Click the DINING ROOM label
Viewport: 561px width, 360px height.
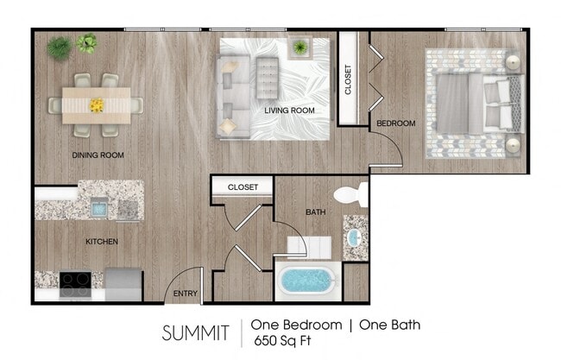(x=98, y=155)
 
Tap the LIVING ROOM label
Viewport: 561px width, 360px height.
(x=289, y=111)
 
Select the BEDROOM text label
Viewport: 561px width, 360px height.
(x=396, y=123)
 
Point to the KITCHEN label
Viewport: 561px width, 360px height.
(x=101, y=242)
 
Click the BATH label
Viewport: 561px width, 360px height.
(x=315, y=212)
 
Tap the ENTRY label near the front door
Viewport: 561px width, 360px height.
(x=185, y=294)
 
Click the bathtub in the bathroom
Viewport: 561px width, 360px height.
(x=309, y=281)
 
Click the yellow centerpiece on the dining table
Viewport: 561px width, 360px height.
(x=97, y=105)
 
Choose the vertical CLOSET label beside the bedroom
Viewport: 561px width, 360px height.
(x=349, y=79)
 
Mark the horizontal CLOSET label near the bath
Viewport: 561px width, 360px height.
(x=243, y=186)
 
